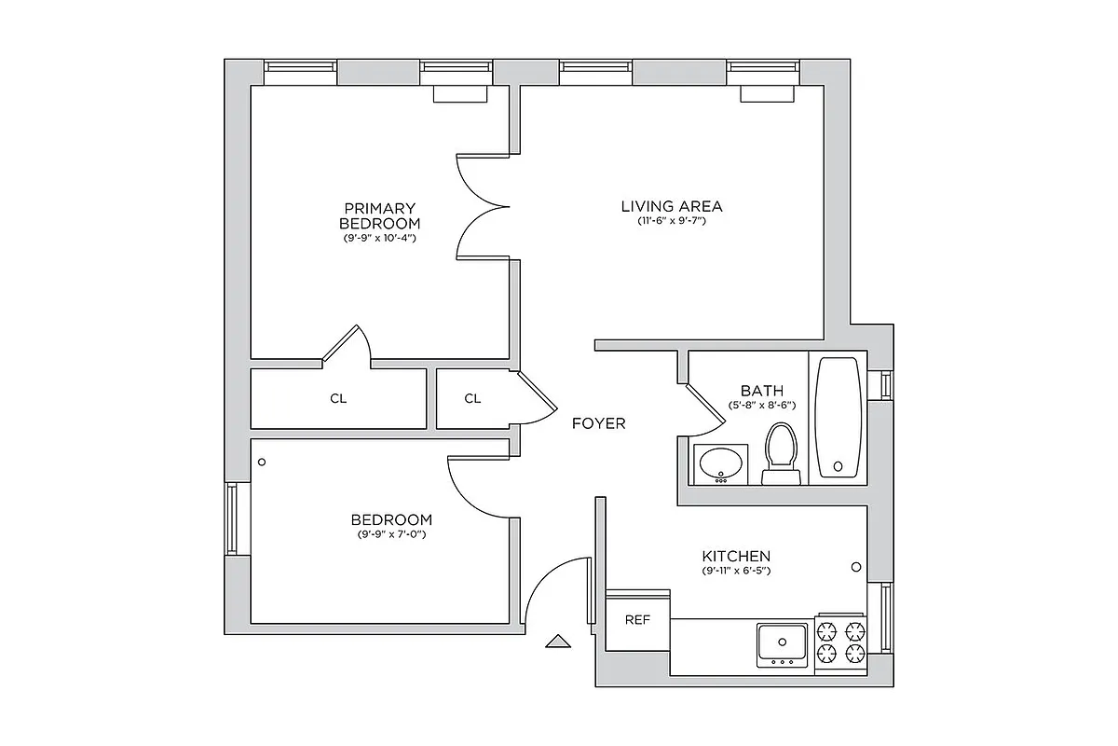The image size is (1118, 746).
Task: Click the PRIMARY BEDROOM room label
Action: (379, 215)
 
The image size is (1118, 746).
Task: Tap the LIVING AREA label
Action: (672, 206)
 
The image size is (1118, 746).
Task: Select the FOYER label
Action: (598, 423)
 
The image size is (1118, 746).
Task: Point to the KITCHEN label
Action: (736, 556)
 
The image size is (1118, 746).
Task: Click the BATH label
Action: (761, 391)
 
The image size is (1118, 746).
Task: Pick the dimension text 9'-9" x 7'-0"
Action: (391, 534)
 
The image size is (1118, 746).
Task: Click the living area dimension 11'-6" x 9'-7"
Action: (672, 222)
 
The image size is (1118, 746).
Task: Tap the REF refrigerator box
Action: (637, 619)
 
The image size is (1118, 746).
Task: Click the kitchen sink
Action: (781, 643)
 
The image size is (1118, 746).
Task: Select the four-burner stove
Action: (841, 642)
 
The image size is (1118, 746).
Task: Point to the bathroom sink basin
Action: (720, 462)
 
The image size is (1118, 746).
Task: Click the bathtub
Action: (838, 417)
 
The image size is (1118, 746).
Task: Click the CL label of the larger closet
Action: (338, 399)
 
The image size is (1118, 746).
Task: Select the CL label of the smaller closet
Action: (472, 399)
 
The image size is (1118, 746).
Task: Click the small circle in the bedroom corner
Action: (262, 462)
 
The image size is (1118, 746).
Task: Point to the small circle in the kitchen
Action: (855, 567)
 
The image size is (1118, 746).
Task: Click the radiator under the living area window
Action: (768, 93)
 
